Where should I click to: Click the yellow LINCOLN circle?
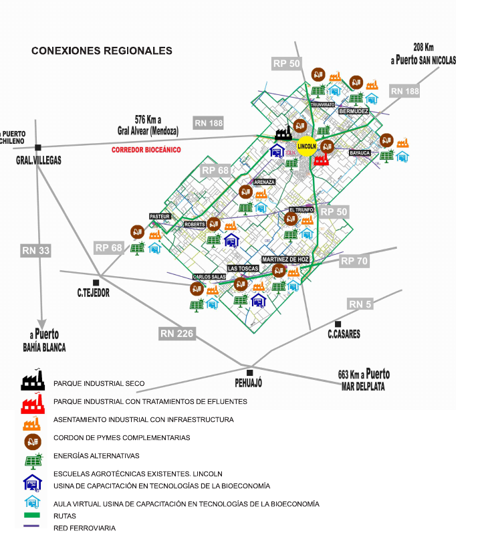click(307, 146)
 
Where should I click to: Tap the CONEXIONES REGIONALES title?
click(102, 51)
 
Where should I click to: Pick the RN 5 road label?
click(360, 304)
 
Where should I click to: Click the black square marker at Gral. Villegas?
click(39, 147)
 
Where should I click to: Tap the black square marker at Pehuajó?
click(249, 372)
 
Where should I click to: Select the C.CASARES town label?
click(344, 334)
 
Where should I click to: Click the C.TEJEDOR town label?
click(93, 292)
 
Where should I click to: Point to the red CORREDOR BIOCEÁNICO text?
click(146, 150)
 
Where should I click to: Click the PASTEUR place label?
click(160, 216)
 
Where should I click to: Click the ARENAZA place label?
click(264, 181)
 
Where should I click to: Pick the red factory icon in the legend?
click(32, 403)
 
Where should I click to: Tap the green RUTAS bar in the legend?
click(32, 516)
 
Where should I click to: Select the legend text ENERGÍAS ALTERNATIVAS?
click(96, 456)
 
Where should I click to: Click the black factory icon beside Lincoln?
click(283, 132)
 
